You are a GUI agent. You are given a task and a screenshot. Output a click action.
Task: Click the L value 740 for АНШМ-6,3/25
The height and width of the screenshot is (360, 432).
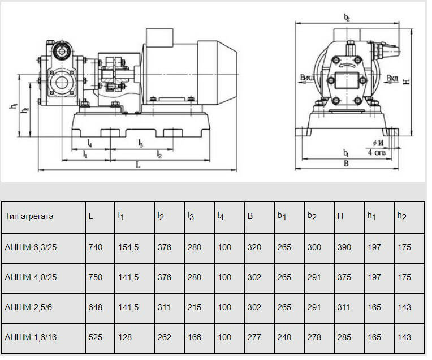click(96, 247)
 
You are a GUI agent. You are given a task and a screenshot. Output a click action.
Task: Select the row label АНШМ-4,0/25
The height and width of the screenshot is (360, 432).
click(31, 277)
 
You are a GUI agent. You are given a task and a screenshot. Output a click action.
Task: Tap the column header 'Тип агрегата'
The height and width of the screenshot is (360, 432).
click(29, 216)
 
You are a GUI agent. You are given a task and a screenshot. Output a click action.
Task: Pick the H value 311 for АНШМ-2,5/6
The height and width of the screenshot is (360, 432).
click(344, 307)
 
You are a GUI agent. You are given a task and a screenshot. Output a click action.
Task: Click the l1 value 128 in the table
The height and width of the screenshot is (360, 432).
click(125, 337)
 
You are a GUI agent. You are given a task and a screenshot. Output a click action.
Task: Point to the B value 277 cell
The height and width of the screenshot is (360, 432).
click(254, 337)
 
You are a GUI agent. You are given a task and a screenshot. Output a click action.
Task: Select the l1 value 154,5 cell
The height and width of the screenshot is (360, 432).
click(128, 247)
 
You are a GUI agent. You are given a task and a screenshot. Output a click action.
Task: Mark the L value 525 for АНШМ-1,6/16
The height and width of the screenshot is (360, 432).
click(96, 337)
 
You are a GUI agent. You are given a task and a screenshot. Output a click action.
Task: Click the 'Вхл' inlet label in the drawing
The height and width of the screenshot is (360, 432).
click(392, 78)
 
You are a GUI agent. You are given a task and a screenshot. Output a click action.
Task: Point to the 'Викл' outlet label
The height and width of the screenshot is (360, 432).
click(307, 78)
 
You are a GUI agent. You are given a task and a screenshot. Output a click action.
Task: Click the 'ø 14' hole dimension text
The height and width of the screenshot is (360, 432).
click(378, 143)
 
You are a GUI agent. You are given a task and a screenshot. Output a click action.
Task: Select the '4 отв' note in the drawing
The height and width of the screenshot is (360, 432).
click(377, 152)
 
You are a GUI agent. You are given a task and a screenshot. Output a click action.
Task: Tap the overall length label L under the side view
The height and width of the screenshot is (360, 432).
click(138, 165)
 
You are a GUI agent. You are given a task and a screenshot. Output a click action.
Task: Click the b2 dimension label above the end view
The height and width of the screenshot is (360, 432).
click(347, 18)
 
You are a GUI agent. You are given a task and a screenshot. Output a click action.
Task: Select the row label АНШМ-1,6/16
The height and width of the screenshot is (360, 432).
click(31, 337)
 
